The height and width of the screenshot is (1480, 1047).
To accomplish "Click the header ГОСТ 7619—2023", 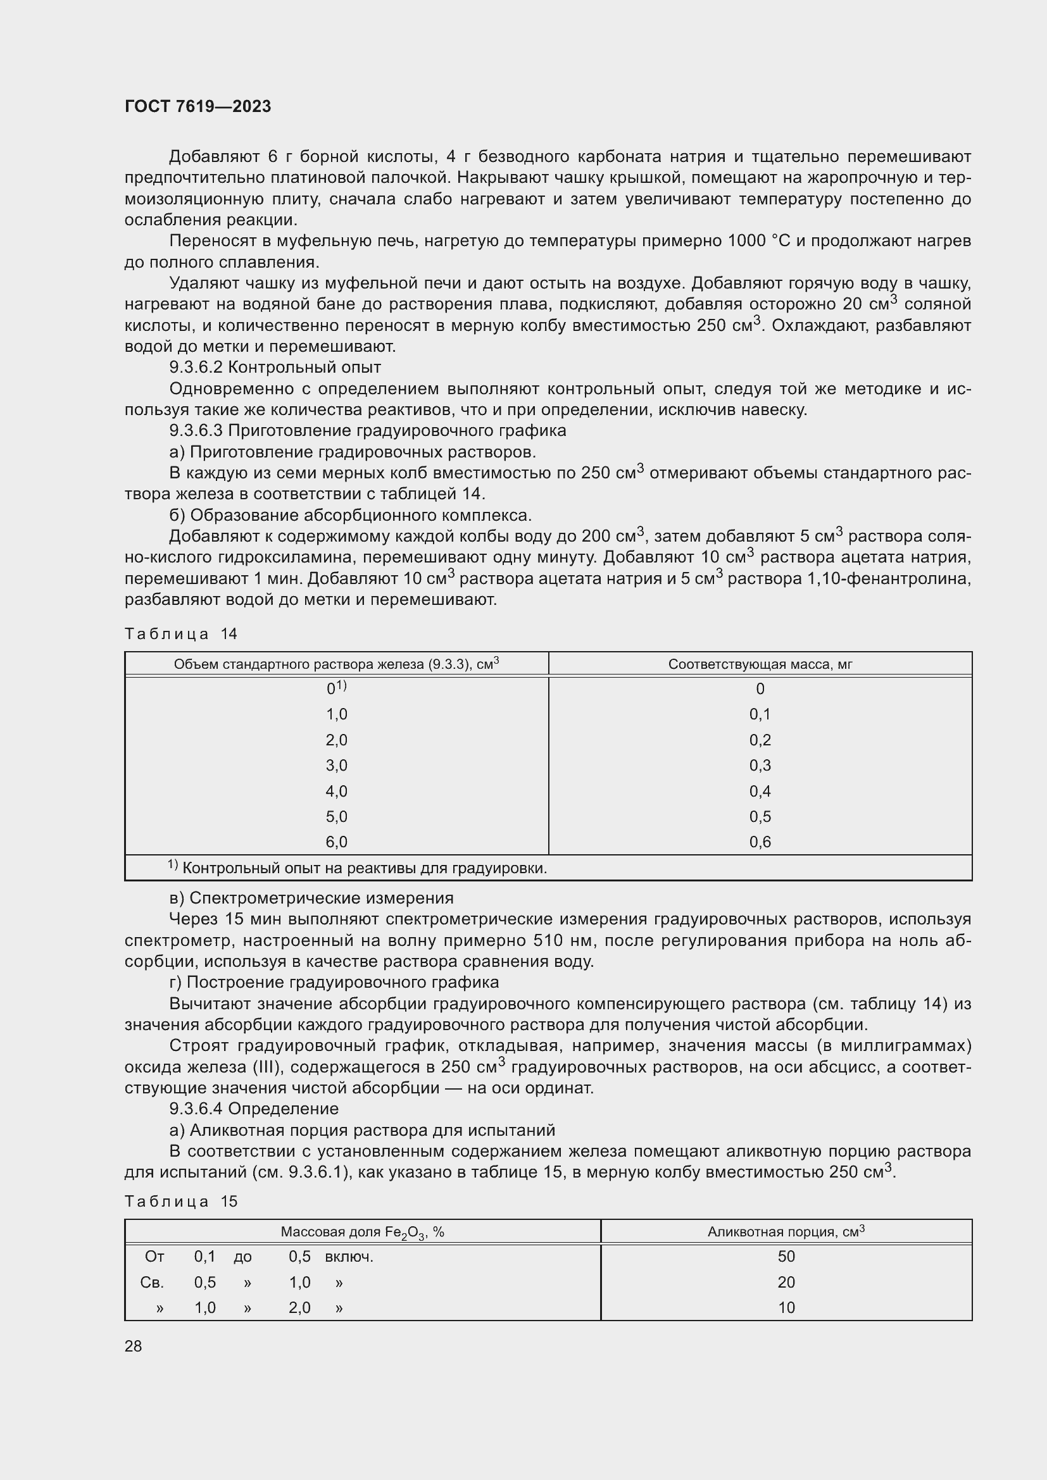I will pyautogui.click(x=198, y=106).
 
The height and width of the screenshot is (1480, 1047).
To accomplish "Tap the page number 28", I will pyautogui.click(x=134, y=1346).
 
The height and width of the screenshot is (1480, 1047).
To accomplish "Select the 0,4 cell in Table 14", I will pyautogui.click(x=760, y=791).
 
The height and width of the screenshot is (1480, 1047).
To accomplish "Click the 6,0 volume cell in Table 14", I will pyautogui.click(x=337, y=842).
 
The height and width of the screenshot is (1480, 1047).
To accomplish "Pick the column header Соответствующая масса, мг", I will pyautogui.click(x=760, y=664).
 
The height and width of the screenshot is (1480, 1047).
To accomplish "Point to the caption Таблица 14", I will pyautogui.click(x=181, y=633).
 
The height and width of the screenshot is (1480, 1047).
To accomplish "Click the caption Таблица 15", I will pyautogui.click(x=181, y=1202).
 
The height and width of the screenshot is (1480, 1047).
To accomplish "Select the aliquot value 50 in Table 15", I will pyautogui.click(x=786, y=1257).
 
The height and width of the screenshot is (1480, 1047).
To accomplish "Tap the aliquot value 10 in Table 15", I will pyautogui.click(x=786, y=1307).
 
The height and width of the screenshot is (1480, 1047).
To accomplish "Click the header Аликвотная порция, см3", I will pyautogui.click(x=786, y=1231).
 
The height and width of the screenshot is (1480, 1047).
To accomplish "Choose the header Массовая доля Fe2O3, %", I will pyautogui.click(x=362, y=1232).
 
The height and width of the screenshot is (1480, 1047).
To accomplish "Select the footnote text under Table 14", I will pyautogui.click(x=358, y=868).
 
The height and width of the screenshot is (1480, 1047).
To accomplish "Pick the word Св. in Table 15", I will pyautogui.click(x=152, y=1282).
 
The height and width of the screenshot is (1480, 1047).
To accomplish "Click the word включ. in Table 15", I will pyautogui.click(x=349, y=1257).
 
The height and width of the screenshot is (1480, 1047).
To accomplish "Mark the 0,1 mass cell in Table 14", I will pyautogui.click(x=760, y=714).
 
